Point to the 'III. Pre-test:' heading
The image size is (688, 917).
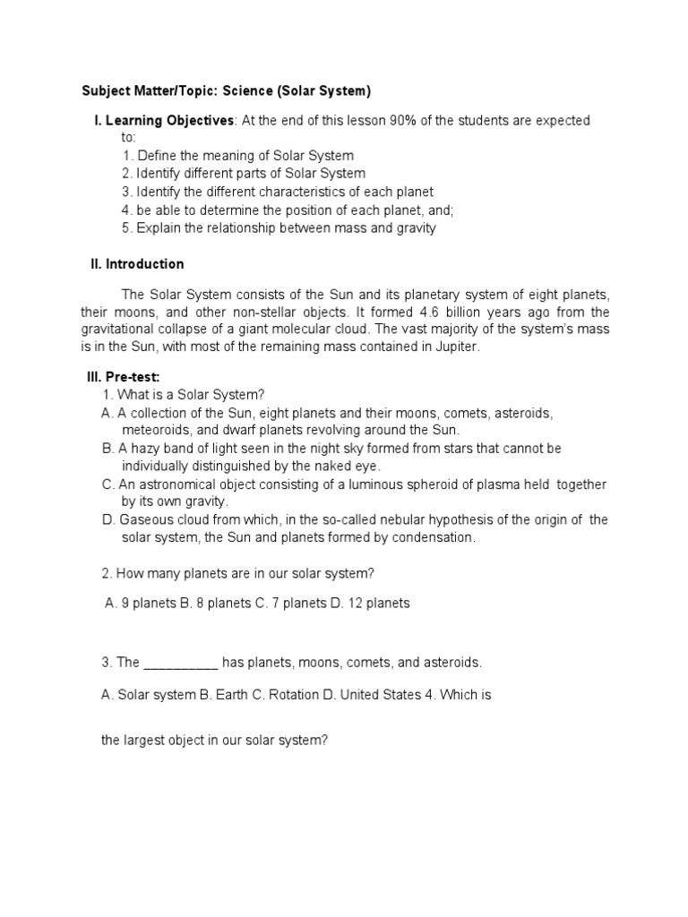pos(123,377)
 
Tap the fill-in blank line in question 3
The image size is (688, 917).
pos(180,664)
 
